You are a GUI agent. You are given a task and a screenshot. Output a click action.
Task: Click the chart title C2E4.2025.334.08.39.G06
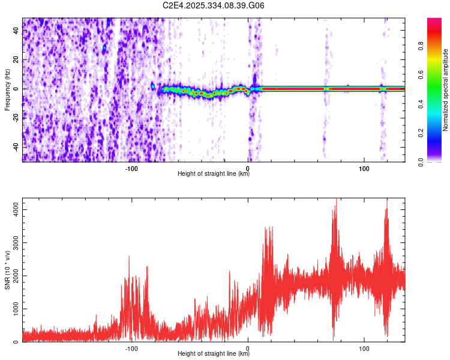point(214,5)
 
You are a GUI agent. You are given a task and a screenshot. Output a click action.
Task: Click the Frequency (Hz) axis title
point(7,89)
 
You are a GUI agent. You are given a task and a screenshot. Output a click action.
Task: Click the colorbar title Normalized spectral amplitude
point(446,90)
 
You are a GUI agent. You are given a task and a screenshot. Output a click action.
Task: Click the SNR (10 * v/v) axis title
point(7,270)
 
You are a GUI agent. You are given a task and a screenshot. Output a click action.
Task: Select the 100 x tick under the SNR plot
point(364,348)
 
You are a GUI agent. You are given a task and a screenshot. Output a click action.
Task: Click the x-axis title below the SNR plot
point(214,355)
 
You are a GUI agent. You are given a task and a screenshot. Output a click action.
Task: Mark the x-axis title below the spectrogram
point(214,174)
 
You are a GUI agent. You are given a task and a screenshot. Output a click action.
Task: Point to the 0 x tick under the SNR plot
point(248,348)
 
